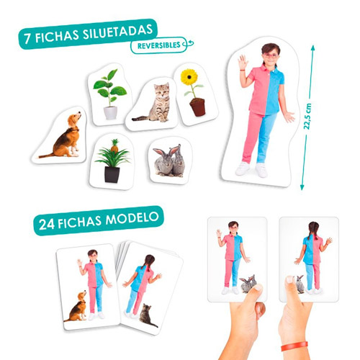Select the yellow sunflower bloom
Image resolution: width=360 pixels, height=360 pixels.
pyautogui.click(x=189, y=77)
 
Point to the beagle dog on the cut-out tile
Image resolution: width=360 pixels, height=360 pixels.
pyautogui.click(x=66, y=136)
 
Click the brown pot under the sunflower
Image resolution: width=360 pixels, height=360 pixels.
pyautogui.click(x=197, y=107)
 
